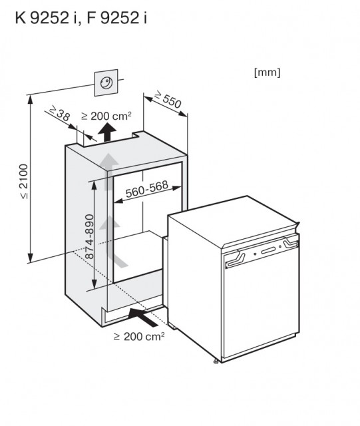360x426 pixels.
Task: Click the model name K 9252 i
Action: pos(46,18)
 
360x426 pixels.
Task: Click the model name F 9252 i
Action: pos(117,18)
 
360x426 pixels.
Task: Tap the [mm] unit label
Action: pos(267,73)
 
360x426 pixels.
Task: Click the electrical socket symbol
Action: pos(106,83)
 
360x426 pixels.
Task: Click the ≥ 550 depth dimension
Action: pos(168,99)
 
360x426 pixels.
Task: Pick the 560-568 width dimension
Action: pos(146,188)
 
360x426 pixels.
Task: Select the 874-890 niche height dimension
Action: pos(89,236)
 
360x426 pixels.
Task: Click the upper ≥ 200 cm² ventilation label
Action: pos(106,116)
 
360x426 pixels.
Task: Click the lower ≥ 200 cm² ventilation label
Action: pos(139,336)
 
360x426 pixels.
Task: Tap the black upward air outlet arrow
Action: pos(107,132)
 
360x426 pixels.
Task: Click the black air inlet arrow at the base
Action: pos(143,317)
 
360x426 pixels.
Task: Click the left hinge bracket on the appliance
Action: pos(236,260)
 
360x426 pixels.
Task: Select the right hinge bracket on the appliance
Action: pos(291,242)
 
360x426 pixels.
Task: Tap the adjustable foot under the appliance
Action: pos(216,361)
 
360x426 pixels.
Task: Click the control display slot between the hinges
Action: pos(269,250)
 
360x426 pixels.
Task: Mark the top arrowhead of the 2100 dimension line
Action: pos(31,99)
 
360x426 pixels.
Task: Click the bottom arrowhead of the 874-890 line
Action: pos(94,285)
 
